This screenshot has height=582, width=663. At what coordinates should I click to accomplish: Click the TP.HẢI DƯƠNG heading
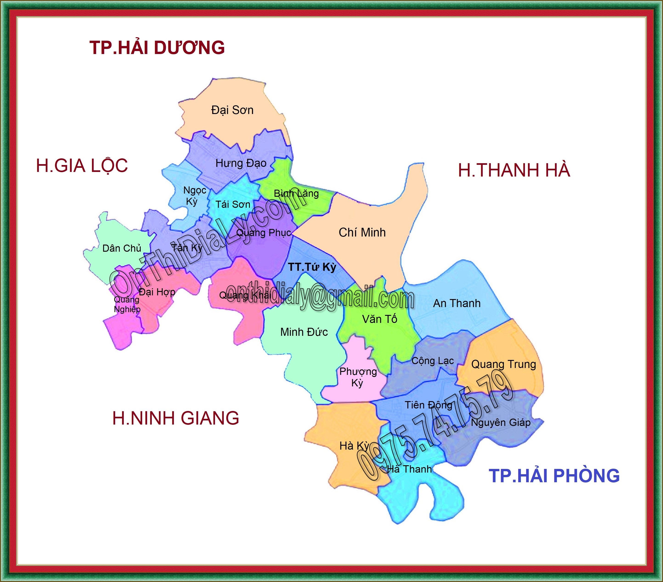(x=157, y=48)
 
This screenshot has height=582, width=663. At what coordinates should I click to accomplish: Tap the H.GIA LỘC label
(x=82, y=166)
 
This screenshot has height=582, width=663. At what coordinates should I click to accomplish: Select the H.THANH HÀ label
(x=514, y=170)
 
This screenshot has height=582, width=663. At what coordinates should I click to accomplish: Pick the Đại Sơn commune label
(x=232, y=110)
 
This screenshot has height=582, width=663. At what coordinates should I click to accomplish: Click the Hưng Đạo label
(x=241, y=163)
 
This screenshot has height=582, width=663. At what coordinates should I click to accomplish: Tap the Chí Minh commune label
(x=362, y=232)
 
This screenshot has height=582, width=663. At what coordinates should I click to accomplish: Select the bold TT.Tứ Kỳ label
(x=312, y=267)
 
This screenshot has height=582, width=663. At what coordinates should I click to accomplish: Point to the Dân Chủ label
(x=122, y=248)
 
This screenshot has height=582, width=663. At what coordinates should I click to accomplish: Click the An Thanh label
(x=457, y=303)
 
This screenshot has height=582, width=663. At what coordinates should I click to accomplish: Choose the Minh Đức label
(x=304, y=332)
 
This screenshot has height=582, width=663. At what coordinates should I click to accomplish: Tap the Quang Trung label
(x=503, y=364)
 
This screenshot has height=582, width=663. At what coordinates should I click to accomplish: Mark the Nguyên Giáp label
(x=500, y=422)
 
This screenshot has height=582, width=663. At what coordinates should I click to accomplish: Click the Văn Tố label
(x=380, y=319)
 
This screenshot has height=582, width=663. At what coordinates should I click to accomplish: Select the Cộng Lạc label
(x=432, y=361)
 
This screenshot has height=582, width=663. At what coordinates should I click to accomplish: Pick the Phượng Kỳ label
(x=358, y=377)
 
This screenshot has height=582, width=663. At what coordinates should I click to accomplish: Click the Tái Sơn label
(x=233, y=204)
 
